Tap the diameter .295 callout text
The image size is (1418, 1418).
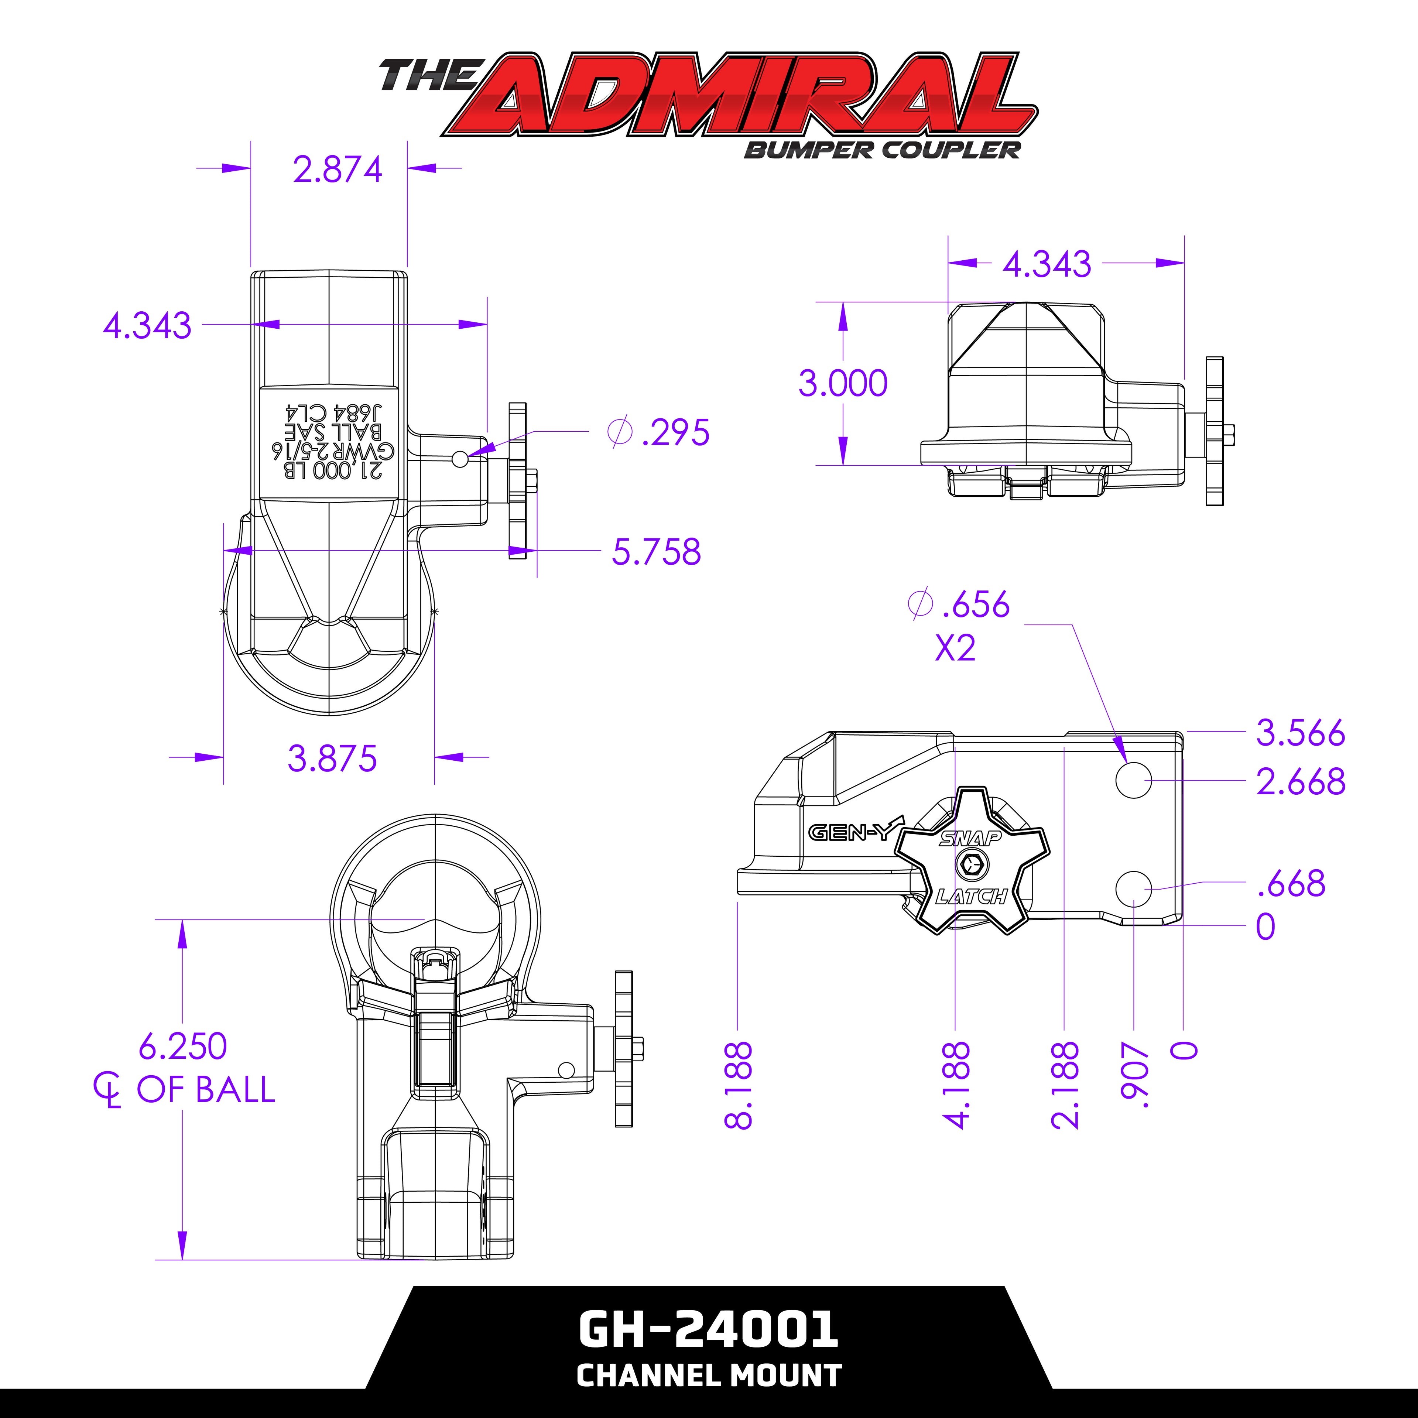[x=658, y=432]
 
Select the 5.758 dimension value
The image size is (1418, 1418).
[x=656, y=552]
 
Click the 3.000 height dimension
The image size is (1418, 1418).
[x=843, y=383]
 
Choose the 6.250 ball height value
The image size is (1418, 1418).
[x=183, y=1046]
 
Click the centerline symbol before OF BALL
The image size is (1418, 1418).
[x=107, y=1089]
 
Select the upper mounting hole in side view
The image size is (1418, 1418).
[x=1134, y=780]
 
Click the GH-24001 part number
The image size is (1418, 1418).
[x=708, y=1329]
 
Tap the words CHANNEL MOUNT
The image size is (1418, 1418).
[x=708, y=1375]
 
